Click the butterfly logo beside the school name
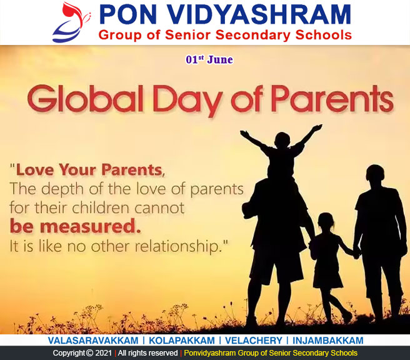(71, 22)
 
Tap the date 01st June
(209, 59)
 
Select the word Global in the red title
(86, 99)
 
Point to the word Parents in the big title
(332, 99)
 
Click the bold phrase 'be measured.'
(75, 226)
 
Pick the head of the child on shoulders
(282, 140)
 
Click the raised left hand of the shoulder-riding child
(317, 127)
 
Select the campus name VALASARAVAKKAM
(93, 341)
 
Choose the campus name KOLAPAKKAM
(182, 341)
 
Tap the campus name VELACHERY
(254, 341)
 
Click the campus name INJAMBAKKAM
(328, 341)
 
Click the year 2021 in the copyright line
(104, 353)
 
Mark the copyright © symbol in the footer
(90, 353)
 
